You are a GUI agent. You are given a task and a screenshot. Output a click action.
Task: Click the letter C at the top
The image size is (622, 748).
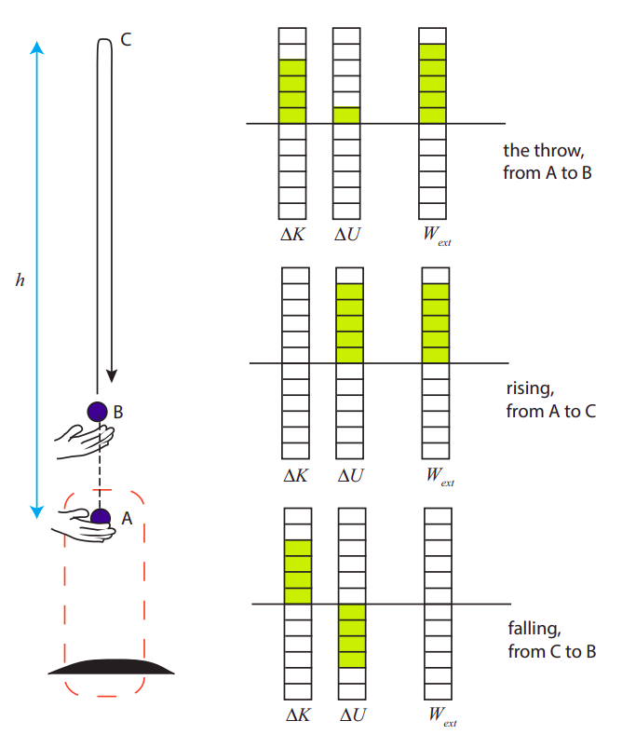(126, 41)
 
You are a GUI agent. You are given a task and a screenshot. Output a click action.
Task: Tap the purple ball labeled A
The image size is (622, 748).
(100, 517)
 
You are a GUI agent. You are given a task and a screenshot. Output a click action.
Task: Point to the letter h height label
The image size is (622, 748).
(20, 279)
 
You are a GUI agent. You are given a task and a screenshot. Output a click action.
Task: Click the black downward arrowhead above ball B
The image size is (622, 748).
(112, 374)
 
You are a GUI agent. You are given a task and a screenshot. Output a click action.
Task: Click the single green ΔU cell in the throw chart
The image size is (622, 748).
(347, 116)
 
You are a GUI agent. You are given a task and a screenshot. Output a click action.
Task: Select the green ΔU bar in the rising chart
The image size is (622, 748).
(349, 323)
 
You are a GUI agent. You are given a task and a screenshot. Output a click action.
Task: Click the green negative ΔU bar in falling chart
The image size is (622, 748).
(352, 635)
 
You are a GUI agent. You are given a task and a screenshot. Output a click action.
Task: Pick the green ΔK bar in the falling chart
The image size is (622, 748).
(297, 572)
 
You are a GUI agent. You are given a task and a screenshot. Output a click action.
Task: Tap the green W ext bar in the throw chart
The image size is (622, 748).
(433, 84)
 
